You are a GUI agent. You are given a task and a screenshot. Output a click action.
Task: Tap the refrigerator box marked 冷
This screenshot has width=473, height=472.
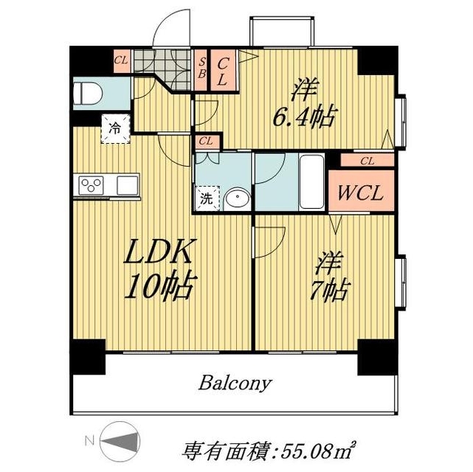coord(115,129)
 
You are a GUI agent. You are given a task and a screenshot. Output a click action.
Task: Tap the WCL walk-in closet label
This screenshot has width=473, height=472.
coord(359,194)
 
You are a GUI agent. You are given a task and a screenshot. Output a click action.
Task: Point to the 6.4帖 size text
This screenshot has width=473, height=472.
coord(305,117)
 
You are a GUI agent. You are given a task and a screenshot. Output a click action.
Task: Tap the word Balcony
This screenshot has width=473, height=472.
coord(235,383)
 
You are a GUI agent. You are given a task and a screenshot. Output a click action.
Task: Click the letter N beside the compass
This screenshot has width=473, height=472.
coord(89,442)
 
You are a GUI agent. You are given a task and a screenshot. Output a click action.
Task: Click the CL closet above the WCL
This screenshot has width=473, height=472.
coord(367,160)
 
